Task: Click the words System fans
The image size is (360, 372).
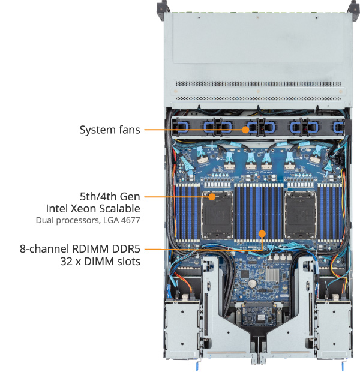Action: (110, 129)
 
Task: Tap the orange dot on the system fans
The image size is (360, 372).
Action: (245, 129)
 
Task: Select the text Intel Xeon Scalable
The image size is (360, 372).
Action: (93, 208)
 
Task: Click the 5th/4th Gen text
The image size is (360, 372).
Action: (110, 196)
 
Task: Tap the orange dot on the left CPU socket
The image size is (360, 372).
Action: (212, 196)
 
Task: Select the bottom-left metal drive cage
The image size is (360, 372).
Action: (182, 327)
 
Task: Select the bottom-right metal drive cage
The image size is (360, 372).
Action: (332, 327)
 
